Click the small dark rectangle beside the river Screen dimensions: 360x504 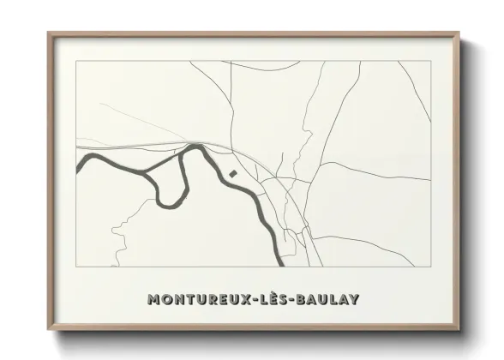pos(232,174)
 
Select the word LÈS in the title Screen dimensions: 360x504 pos(271,299)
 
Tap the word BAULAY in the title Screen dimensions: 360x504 pos(327,300)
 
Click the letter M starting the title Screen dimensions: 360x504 pos(153,300)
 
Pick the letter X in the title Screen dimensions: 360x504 pos(243,300)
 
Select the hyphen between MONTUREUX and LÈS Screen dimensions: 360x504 pos(252,301)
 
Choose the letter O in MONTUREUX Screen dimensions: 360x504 pos(165,300)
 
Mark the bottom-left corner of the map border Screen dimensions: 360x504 pos(76,265)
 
